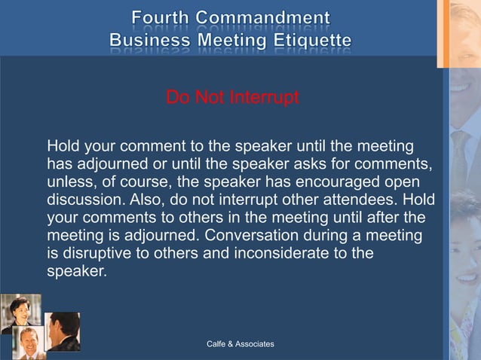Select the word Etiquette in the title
[x=312, y=39]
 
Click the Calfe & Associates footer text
[x=240, y=344]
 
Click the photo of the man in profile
[x=63, y=331]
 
